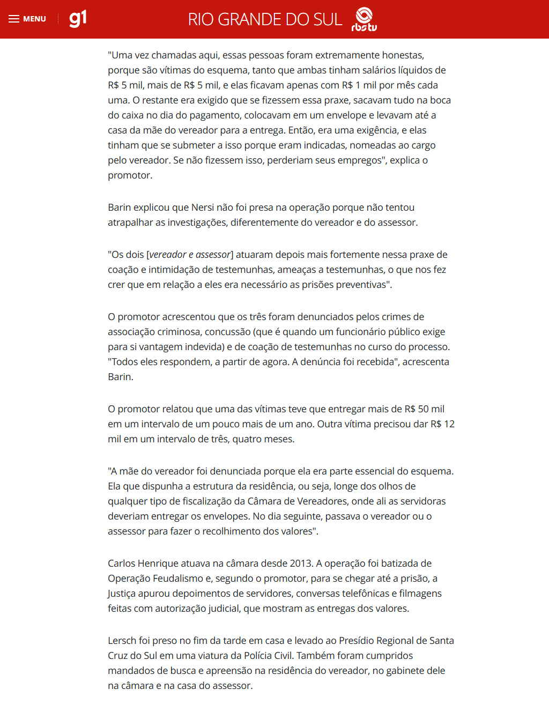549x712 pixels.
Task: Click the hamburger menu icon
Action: click(x=14, y=19)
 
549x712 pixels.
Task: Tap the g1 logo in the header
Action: click(x=78, y=19)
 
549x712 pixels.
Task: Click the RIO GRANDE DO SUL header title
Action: click(x=265, y=19)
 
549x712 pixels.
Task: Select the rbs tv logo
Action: click(x=364, y=19)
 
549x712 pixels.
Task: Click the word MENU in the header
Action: click(x=34, y=19)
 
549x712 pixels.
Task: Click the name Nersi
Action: click(x=203, y=207)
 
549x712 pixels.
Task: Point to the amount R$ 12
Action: click(x=442, y=424)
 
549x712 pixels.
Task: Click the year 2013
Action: click(x=301, y=563)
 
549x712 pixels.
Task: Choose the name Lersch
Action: click(x=122, y=641)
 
